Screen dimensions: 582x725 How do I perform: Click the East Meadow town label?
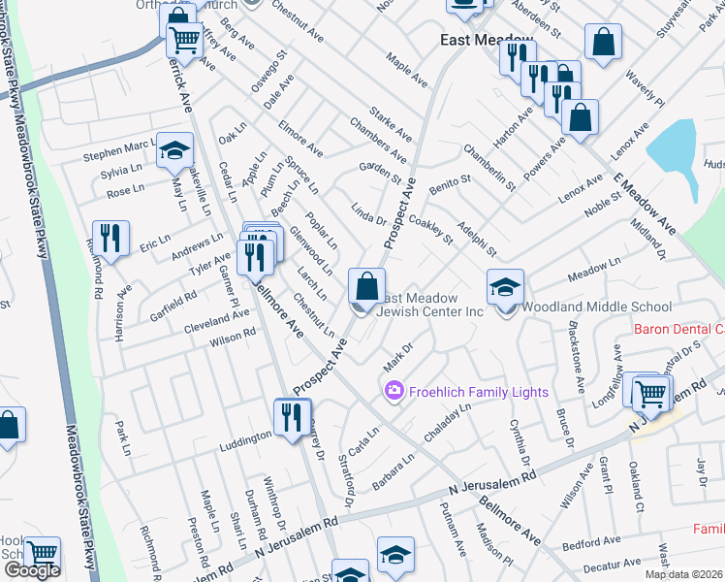coord(487,41)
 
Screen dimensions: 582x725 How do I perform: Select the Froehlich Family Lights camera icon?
coord(394,392)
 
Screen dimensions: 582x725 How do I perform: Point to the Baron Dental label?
coord(678,329)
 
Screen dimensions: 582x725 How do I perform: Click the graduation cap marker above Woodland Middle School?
coord(505,288)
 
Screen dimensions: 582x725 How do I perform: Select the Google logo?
coord(32,570)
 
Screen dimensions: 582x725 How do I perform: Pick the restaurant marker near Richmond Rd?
coord(110,239)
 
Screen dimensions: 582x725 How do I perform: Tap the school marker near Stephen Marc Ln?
coord(175,150)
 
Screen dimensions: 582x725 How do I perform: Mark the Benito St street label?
coord(450,181)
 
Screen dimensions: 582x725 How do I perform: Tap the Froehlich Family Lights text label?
coord(478,392)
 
